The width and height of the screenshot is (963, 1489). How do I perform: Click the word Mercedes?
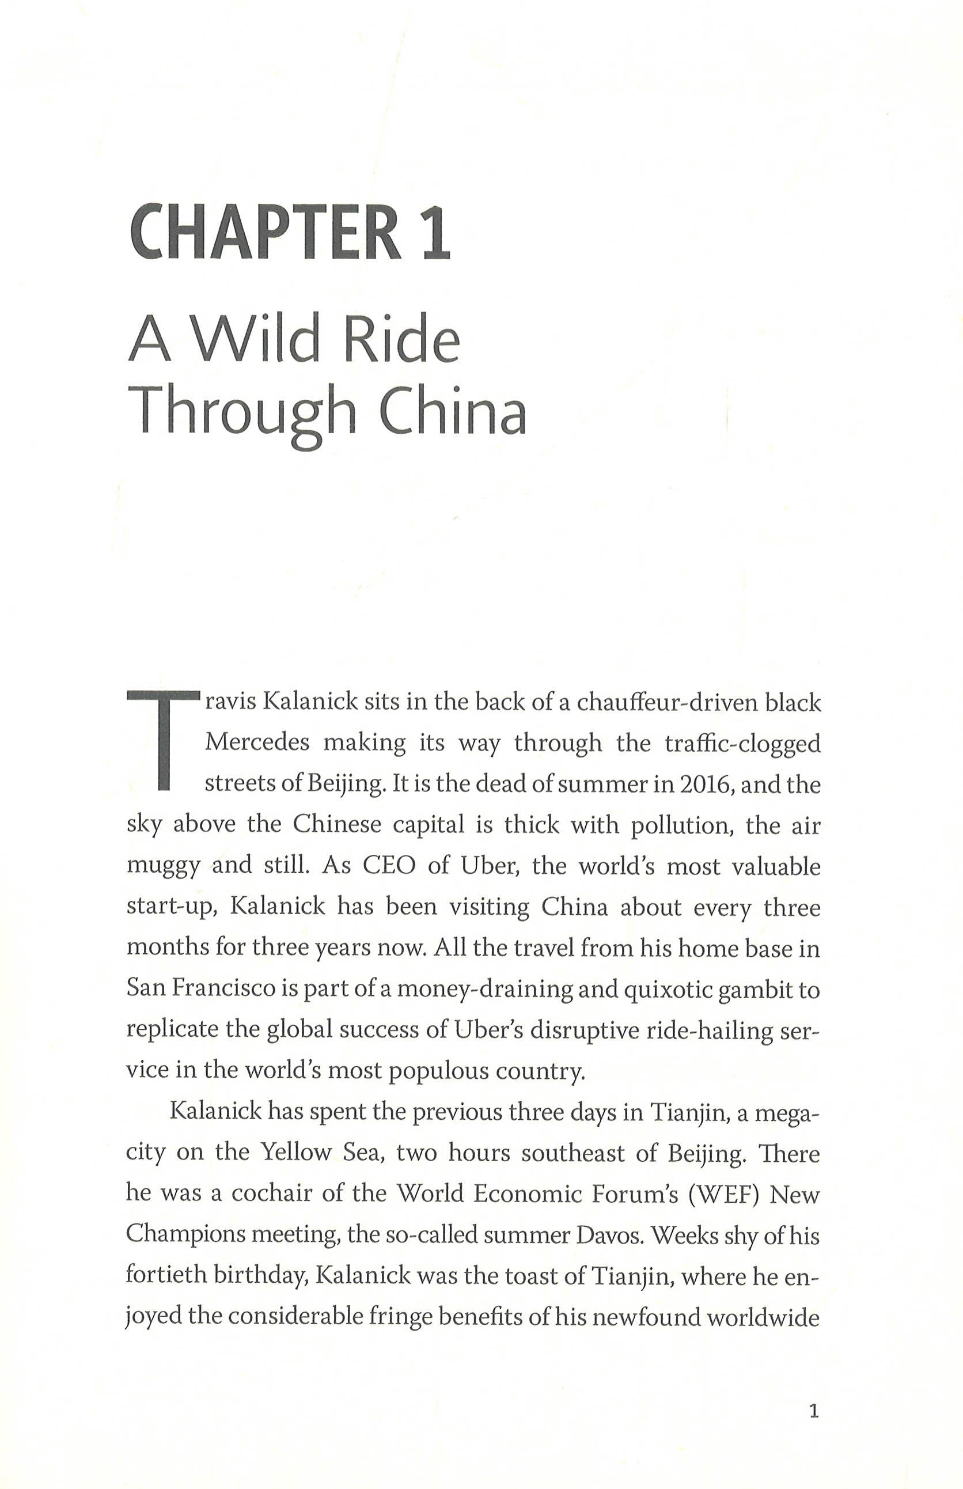click(257, 743)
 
